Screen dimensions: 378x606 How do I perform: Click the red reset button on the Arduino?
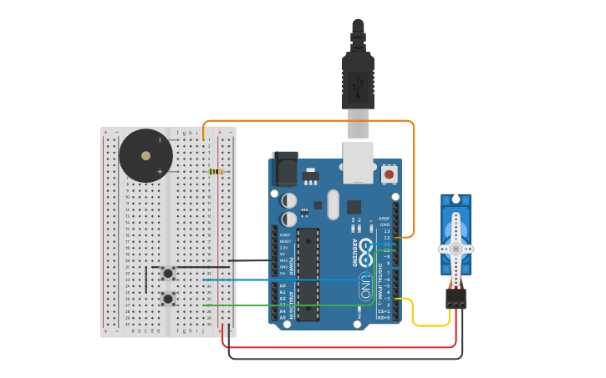[x=389, y=175]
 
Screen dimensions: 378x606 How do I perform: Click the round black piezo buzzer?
[x=146, y=156]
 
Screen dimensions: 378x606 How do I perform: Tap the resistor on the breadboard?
[x=216, y=172]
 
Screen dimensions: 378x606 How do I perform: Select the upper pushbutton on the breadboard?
[x=168, y=273]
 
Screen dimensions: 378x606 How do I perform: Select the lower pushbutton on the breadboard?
[x=168, y=298]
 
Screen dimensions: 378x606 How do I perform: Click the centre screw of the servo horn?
[x=456, y=249]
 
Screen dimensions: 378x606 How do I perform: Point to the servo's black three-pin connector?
[x=456, y=298]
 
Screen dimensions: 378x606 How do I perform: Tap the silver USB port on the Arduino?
[x=358, y=162]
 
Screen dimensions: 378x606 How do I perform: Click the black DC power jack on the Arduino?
[x=285, y=169]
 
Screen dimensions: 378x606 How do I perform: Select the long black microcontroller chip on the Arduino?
[x=308, y=274]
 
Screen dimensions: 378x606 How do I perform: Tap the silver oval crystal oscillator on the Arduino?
[x=333, y=204]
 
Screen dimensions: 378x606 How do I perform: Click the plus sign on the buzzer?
[x=160, y=171]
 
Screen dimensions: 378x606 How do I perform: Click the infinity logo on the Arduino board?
[x=365, y=276]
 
